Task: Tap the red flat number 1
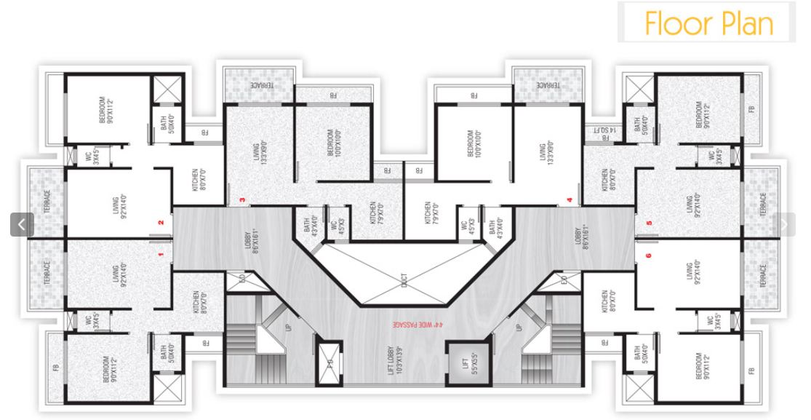pyautogui.click(x=160, y=255)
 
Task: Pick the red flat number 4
pyautogui.click(x=570, y=200)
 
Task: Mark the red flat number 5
pyautogui.click(x=648, y=223)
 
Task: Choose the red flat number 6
pyautogui.click(x=648, y=255)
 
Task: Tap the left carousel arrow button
pyautogui.click(x=22, y=225)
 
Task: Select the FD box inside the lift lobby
pyautogui.click(x=329, y=362)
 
